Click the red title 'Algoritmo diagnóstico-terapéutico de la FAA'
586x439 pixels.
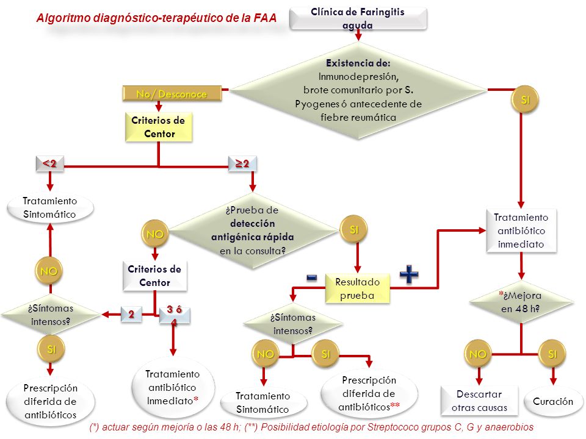[x=156, y=18]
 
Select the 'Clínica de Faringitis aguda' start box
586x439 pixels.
[x=358, y=18]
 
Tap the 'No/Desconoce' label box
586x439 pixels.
[x=172, y=93]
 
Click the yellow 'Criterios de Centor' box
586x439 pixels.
[x=159, y=127]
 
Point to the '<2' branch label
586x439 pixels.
[x=49, y=163]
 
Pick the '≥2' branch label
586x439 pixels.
[x=242, y=163]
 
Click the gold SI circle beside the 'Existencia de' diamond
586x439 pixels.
[x=525, y=99]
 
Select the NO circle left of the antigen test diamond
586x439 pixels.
[x=154, y=234]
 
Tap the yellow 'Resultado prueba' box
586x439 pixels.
[x=357, y=288]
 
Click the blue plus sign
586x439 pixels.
[x=409, y=274]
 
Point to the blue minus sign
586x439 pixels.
[x=311, y=277]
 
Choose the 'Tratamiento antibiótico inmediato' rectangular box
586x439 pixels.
[x=521, y=230]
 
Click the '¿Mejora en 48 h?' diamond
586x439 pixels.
[x=521, y=302]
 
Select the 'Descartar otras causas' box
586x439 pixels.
[x=479, y=401]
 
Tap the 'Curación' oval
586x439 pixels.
[x=553, y=401]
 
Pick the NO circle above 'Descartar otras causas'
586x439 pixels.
[x=477, y=354]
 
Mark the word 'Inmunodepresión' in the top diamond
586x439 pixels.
[x=358, y=77]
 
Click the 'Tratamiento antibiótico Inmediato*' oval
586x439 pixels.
[x=173, y=388]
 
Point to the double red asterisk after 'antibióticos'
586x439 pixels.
[x=395, y=405]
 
